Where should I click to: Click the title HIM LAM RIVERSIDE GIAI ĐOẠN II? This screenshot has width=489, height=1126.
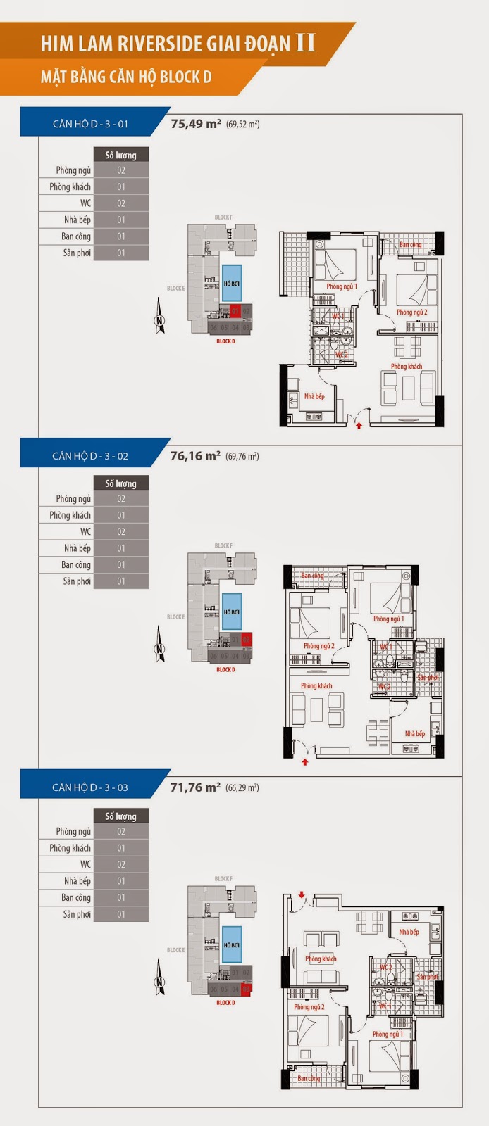pos(178,43)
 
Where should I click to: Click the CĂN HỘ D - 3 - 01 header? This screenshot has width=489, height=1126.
pos(90,124)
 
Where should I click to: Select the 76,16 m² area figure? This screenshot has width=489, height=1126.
pos(195,455)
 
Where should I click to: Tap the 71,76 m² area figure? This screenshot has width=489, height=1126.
pos(195,787)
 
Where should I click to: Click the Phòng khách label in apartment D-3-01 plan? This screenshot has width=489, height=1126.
pos(407,367)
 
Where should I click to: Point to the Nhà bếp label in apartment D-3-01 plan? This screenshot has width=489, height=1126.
pos(314,396)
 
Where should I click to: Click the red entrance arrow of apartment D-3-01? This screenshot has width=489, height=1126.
pos(359,425)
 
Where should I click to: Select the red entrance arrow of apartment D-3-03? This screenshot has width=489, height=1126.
pos(302,894)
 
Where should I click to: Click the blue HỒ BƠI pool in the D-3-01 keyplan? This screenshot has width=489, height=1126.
pos(232,284)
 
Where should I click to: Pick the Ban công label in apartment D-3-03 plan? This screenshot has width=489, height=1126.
pos(308,1078)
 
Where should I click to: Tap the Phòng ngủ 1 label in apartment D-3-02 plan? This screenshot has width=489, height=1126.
pos(388,619)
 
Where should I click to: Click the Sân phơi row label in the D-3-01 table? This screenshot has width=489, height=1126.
pos(77,253)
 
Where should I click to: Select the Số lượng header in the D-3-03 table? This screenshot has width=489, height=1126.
pos(120,816)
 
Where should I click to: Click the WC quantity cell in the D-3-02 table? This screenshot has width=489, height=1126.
pos(120,532)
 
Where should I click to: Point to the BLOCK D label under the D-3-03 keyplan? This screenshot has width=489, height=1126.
pos(225,1003)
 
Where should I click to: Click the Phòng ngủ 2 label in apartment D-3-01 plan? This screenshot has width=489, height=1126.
pos(411,312)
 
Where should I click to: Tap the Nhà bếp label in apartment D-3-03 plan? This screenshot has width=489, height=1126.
pos(409,932)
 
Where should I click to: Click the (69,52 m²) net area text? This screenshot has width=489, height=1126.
pos(243,125)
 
